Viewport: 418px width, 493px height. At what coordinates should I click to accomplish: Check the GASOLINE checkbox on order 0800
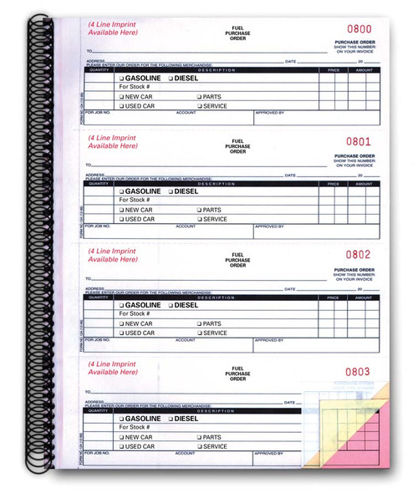(121, 78)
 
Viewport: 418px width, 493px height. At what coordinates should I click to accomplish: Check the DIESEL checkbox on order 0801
(172, 191)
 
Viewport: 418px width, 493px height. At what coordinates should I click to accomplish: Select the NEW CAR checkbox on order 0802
(121, 323)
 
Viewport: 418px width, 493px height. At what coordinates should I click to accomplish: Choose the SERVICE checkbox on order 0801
(200, 220)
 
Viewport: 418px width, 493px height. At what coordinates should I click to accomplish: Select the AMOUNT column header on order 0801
(363, 182)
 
